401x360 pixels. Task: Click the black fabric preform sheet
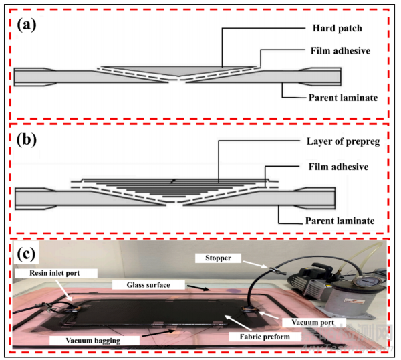coord(154,311)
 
